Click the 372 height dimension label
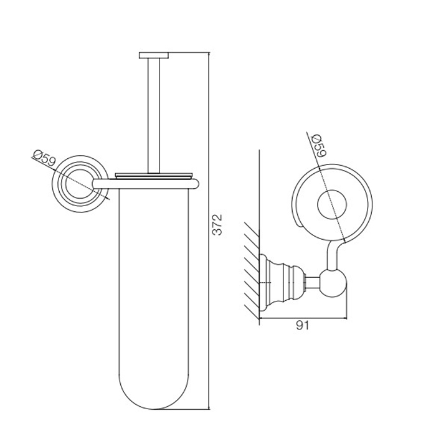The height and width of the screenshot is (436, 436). [x=217, y=225]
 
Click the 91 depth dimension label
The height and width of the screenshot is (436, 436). [x=302, y=325]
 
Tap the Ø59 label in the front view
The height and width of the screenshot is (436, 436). [x=44, y=158]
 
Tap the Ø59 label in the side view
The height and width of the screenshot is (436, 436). [x=319, y=145]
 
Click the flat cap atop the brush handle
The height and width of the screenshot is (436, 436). [x=154, y=55]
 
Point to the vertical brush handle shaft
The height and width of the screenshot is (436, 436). [x=154, y=116]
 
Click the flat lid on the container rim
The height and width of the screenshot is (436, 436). [x=154, y=176]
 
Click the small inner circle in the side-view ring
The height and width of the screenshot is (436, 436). [x=332, y=204]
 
